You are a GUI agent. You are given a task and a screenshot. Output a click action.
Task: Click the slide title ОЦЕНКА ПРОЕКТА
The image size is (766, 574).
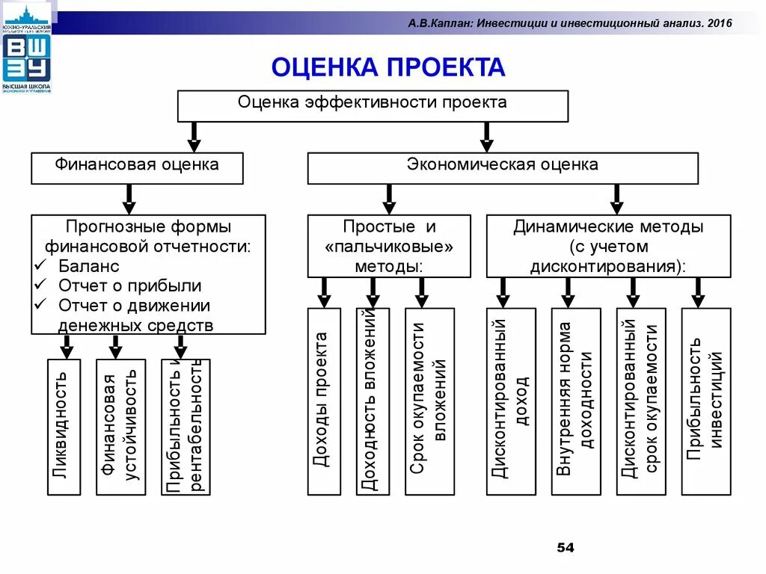coord(387,68)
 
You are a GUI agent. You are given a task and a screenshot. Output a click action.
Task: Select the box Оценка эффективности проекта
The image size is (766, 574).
coord(373,105)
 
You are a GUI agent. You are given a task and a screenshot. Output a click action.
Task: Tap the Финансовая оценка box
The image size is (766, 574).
coord(137,167)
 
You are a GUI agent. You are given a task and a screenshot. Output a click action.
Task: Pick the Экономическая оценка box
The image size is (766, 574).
coord(503,167)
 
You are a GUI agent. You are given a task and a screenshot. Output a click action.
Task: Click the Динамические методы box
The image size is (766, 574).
coord(608,246)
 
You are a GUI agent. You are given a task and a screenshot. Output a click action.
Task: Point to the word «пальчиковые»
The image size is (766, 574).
coord(389,246)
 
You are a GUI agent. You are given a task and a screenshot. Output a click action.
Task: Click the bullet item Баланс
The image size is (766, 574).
coord(88,266)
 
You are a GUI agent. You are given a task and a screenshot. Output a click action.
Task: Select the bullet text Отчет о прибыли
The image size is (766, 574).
coord(129,286)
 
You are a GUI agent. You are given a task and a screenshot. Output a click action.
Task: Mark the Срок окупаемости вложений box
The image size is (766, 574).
coord(429,401)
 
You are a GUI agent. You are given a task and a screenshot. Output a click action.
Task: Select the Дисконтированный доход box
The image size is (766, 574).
coord(511,401)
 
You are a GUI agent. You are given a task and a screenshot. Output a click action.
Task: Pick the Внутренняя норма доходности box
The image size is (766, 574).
coord(576,401)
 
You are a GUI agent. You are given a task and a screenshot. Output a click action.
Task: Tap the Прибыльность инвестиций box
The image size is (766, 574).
coord(706,401)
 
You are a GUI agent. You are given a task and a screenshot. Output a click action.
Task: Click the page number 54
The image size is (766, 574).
coord(565,549)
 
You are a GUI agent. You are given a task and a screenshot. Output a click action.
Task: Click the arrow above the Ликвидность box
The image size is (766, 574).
coord(67,346)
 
